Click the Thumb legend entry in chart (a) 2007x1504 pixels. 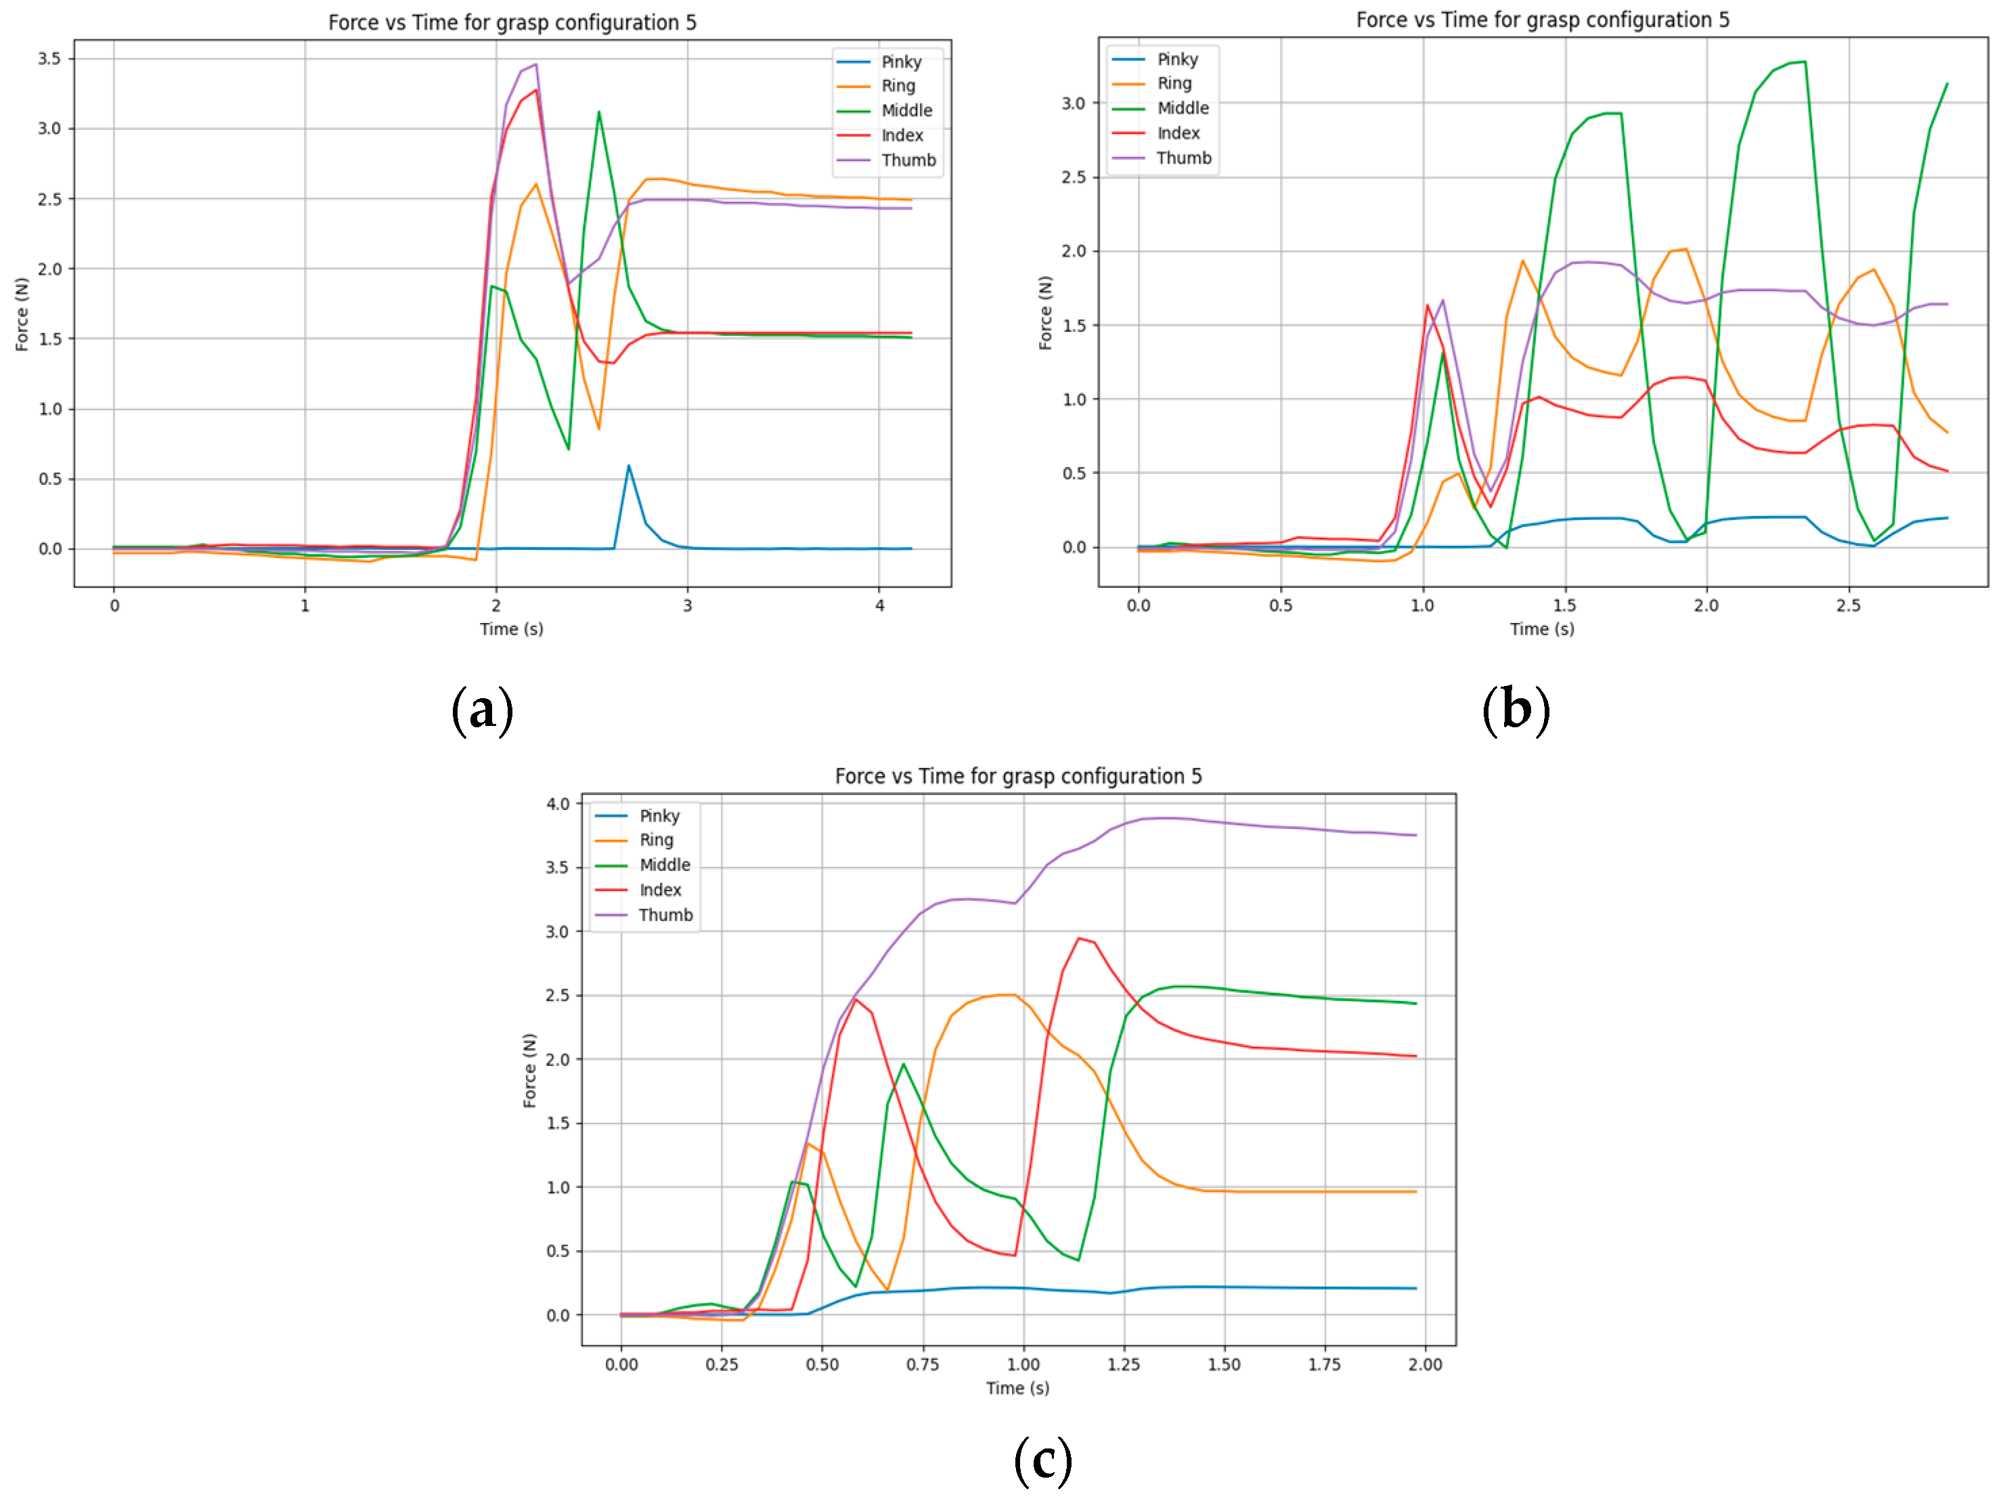point(907,160)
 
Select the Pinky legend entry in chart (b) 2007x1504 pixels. point(1177,60)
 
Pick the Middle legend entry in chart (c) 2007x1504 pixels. point(664,865)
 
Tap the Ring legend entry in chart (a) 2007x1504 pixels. point(898,86)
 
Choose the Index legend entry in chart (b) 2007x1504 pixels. point(1178,133)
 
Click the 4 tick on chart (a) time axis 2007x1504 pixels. point(879,605)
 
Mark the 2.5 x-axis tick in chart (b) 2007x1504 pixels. point(1848,605)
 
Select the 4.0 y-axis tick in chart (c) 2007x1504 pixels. point(558,804)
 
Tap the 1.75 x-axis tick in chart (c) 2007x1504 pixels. point(1324,1365)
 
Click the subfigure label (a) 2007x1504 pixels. point(482,709)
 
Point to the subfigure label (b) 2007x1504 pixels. point(1515,709)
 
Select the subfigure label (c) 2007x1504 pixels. point(1042,1459)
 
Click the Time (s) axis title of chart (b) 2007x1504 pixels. point(1541,629)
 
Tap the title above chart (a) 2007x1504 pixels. point(512,23)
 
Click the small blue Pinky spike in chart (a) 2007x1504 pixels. point(629,467)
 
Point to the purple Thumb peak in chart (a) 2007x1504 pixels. point(536,64)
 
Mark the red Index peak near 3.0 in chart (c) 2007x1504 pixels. point(1079,939)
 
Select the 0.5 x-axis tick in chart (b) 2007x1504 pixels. point(1280,605)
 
